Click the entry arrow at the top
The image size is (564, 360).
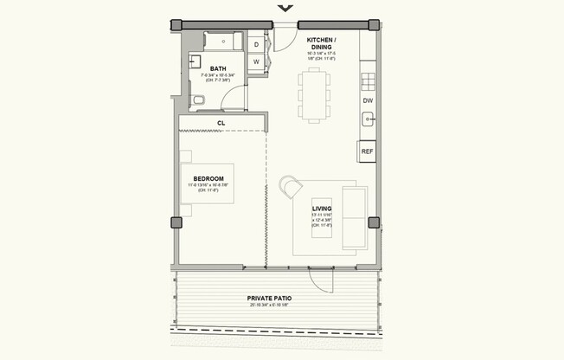(285, 9)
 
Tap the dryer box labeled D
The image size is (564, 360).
(257, 44)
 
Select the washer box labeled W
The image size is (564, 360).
(257, 62)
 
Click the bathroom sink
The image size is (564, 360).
(195, 62)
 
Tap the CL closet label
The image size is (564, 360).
(221, 124)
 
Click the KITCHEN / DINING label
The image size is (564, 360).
(322, 44)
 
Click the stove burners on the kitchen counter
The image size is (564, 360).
(368, 82)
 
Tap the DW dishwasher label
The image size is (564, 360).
(368, 101)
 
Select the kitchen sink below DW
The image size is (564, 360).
(368, 121)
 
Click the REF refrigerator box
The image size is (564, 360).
(367, 151)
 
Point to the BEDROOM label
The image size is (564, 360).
(208, 179)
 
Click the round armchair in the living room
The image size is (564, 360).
(291, 186)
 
